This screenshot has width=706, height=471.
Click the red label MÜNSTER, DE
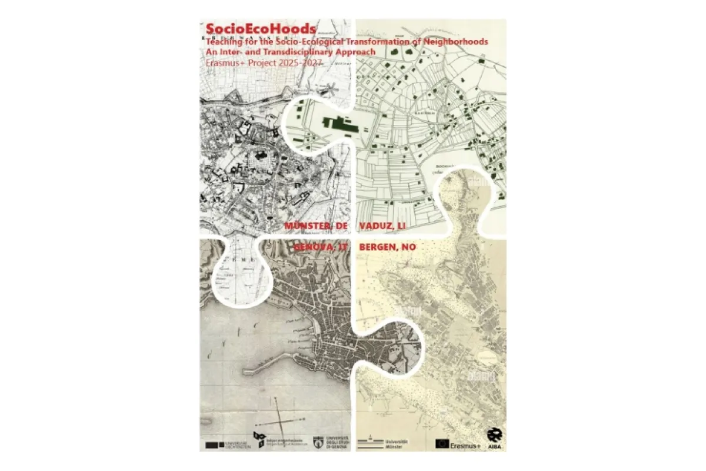317,226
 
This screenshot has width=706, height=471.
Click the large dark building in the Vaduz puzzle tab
337,124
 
